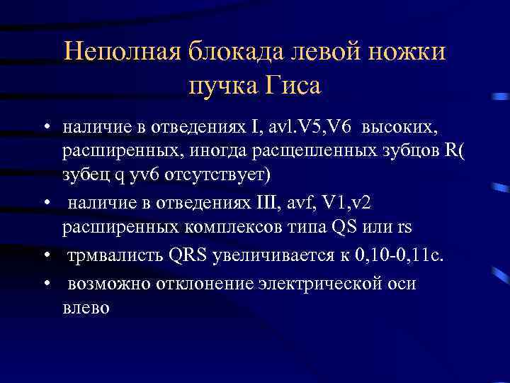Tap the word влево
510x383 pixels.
[x=86, y=308]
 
